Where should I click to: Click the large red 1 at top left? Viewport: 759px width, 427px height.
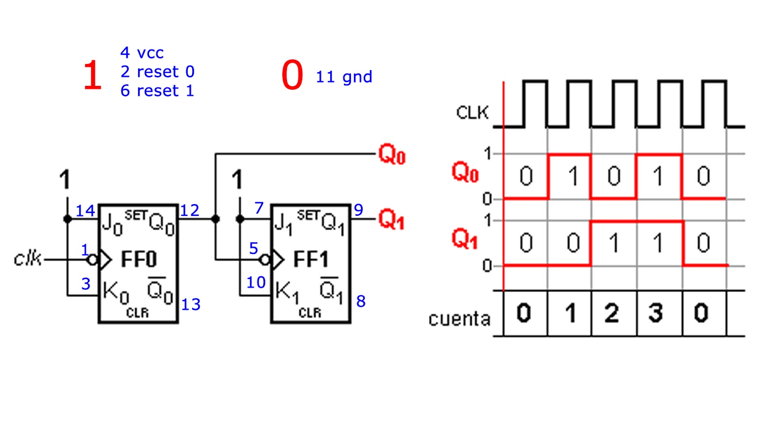[x=93, y=75]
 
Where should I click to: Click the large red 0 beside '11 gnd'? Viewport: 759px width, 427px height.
[x=292, y=75]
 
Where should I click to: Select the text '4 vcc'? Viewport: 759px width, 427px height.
[x=142, y=53]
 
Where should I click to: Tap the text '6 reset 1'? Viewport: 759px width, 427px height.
[x=157, y=91]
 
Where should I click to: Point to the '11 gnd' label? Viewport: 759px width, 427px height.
[x=344, y=77]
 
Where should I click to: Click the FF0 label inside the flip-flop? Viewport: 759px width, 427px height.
[x=139, y=260]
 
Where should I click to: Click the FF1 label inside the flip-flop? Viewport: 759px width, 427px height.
[x=311, y=260]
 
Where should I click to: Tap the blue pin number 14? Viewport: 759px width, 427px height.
[x=85, y=211]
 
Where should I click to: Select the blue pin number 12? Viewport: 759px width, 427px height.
[x=189, y=211]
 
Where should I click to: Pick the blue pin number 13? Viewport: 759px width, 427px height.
[x=191, y=305]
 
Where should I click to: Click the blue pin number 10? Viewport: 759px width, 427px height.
[x=256, y=283]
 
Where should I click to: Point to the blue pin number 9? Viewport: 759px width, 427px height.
[x=359, y=210]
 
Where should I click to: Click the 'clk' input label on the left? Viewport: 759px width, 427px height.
[x=28, y=259]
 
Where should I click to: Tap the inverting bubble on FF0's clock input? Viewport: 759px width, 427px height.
[x=93, y=260]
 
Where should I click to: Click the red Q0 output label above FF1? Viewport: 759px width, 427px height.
[x=391, y=155]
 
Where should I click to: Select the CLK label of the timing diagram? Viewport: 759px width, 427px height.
[x=472, y=113]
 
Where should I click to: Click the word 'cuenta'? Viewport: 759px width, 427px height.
[x=459, y=319]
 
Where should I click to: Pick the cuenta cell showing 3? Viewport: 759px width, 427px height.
[x=656, y=314]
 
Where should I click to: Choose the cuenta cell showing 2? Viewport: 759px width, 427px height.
[x=612, y=314]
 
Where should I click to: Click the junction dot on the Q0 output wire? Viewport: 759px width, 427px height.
[x=215, y=219]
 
